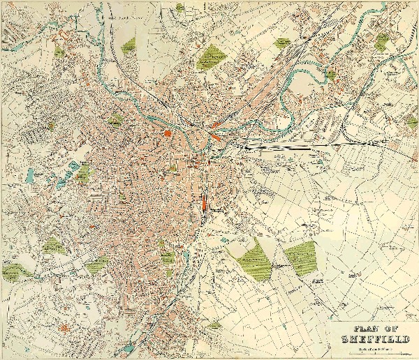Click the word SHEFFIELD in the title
[369, 340]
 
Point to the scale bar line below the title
[369, 355]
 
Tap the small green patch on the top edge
[179, 7]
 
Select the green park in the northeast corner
[381, 43]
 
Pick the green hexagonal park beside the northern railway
[282, 43]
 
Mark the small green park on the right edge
[412, 123]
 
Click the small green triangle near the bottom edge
[215, 324]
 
